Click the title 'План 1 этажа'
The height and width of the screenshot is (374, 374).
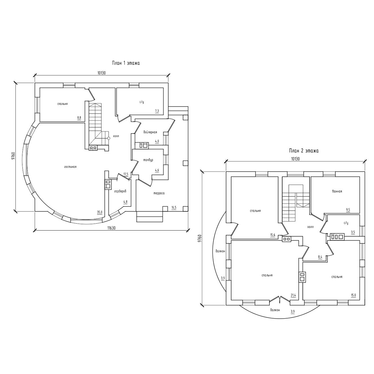coord(126,63)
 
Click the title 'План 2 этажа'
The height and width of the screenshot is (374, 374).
coord(304,151)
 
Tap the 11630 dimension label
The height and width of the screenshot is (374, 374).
coord(111,228)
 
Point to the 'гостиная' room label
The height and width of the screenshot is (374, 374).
coord(70,167)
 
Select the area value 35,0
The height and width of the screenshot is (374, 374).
coord(99,212)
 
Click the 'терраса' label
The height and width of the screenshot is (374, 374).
coord(159,193)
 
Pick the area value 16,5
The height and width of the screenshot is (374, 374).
coord(174,207)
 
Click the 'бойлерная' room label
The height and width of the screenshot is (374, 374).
coord(150,132)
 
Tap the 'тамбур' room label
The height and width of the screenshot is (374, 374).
coord(148,160)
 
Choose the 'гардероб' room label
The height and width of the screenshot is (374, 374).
coord(120,191)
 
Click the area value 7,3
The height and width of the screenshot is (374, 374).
coord(157,111)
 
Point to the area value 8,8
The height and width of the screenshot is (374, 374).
coord(79,117)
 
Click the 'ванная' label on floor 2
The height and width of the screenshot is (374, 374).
coord(337,191)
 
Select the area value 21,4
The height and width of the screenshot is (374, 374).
coord(293,295)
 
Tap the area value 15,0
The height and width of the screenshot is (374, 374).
coord(353,295)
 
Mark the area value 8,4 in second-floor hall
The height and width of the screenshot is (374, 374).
coord(320,257)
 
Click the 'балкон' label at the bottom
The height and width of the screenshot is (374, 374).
coord(275,310)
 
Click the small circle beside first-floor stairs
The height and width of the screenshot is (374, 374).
coord(109,138)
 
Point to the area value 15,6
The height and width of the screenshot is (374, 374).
coord(273,235)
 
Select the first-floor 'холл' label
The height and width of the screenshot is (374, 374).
coord(116,136)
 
